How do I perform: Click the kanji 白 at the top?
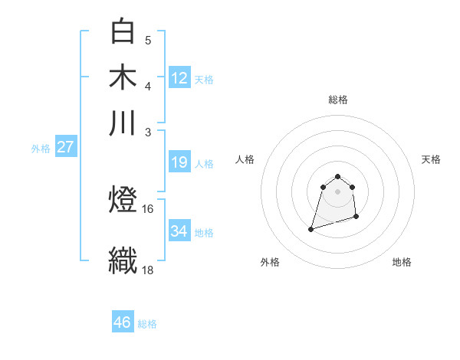(x=123, y=31)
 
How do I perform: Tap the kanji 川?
(x=123, y=123)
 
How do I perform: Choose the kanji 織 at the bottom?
(x=123, y=259)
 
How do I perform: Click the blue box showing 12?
(x=179, y=77)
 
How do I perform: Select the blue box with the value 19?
(x=179, y=162)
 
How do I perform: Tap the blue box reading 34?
(x=179, y=231)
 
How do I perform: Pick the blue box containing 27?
(x=65, y=147)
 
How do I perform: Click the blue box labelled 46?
(x=123, y=322)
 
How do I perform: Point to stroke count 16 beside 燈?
(x=148, y=208)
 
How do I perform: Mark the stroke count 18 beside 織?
(x=148, y=270)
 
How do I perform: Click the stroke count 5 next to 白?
(x=148, y=41)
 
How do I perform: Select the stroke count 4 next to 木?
(x=148, y=86)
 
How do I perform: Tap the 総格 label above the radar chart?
(x=338, y=100)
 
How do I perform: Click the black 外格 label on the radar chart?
(x=270, y=262)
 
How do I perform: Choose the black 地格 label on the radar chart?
(x=402, y=262)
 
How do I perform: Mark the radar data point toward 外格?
(x=311, y=228)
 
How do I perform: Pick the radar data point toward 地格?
(x=357, y=218)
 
